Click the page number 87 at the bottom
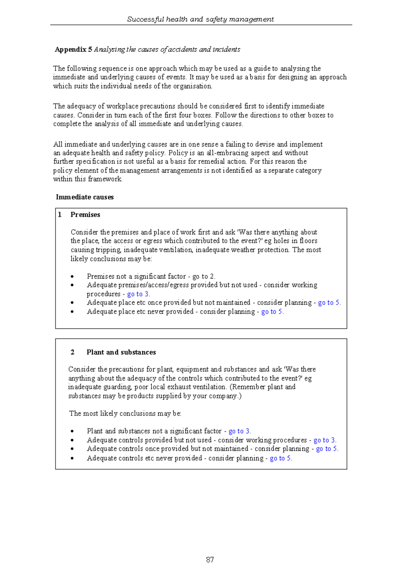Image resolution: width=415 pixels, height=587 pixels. tap(210, 559)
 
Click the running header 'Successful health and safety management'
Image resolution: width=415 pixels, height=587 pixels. tap(200, 19)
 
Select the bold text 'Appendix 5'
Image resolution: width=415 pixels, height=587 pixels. tap(73, 49)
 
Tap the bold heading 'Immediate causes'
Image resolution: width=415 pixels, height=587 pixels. tap(85, 197)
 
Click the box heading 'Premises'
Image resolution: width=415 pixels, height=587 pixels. tap(85, 215)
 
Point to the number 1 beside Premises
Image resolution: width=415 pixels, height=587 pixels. tap(60, 215)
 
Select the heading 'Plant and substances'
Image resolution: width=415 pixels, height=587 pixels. tap(121, 352)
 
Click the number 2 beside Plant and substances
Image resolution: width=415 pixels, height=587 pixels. tap(72, 352)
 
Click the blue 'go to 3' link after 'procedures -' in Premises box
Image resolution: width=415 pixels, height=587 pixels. tap(138, 294)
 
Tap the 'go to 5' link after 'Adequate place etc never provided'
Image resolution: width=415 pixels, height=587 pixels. tap(271, 311)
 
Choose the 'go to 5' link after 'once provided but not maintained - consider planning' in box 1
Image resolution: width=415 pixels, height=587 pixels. tap(329, 302)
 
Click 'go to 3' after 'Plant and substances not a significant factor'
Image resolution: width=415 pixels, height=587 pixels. tap(239, 431)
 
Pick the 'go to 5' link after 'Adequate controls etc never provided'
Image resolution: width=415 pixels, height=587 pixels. tap(280, 458)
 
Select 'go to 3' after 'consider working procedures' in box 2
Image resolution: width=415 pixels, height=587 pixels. tap(324, 440)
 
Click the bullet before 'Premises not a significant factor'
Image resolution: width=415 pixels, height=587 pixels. tap(72, 277)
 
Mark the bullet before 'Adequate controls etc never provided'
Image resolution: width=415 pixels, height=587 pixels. tap(72, 458)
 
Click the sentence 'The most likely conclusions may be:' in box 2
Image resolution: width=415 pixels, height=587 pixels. tap(125, 413)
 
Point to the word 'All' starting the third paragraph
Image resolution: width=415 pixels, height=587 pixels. tap(58, 144)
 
